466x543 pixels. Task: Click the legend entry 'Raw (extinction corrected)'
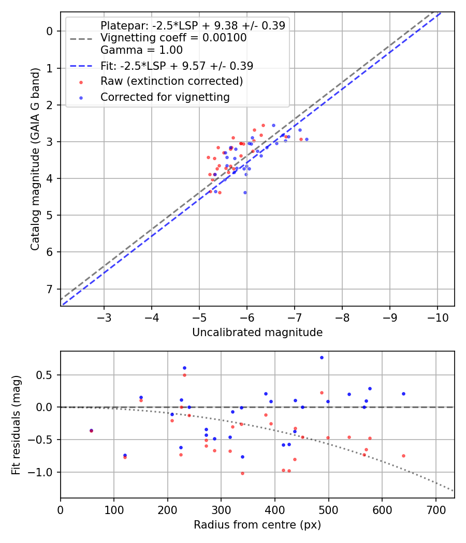click(171, 81)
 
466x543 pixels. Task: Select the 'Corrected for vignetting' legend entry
click(165, 97)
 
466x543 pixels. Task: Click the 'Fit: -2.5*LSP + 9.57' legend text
click(177, 66)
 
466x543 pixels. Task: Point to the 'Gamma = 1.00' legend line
click(141, 50)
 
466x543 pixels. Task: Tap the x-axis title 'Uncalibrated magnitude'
click(257, 333)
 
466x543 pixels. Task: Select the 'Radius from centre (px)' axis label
click(257, 525)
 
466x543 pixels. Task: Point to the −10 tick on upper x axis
click(438, 316)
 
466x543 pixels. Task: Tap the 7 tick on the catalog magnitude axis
click(50, 289)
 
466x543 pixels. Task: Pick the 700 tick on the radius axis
click(435, 509)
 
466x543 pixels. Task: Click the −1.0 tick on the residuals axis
click(46, 472)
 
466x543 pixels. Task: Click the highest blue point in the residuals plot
click(322, 357)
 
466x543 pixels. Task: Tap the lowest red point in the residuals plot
click(242, 473)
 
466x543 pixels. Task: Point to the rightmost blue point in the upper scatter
click(307, 139)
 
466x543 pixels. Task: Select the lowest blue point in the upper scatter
click(245, 192)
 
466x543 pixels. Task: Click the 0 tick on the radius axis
click(61, 509)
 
